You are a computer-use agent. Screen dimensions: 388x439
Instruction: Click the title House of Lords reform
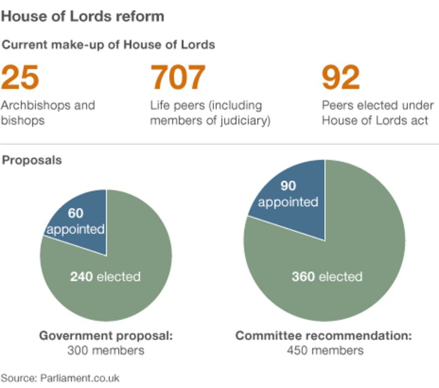[x=82, y=16]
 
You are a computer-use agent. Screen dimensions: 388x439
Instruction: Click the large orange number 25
[x=20, y=77]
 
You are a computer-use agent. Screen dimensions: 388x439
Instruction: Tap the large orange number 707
[x=179, y=77]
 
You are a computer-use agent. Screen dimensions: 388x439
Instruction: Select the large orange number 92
[x=341, y=77]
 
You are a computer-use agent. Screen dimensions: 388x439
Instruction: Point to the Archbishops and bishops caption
[x=48, y=112]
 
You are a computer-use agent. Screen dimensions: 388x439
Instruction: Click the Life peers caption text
[x=211, y=112]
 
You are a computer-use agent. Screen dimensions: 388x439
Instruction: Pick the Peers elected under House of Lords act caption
[x=378, y=112]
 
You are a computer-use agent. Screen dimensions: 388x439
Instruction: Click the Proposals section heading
[x=32, y=160]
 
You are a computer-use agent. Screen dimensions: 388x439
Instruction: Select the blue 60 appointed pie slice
[x=80, y=222]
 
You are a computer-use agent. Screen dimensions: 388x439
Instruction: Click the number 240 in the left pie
[x=81, y=276]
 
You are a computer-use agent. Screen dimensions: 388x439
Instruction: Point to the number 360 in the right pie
[x=302, y=276]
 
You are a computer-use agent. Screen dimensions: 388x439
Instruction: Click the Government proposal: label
[x=106, y=335]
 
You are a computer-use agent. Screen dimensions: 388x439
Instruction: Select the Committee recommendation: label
[x=324, y=335]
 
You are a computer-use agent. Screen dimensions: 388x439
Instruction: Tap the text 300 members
[x=106, y=350]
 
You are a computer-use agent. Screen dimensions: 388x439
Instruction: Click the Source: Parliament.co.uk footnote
[x=60, y=378]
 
